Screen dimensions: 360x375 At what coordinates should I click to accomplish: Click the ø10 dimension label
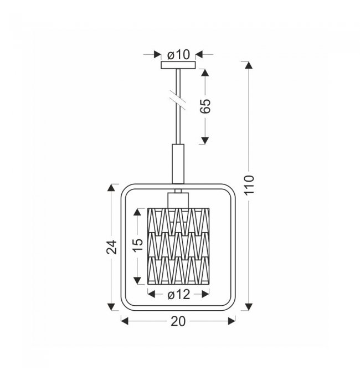coord(178,55)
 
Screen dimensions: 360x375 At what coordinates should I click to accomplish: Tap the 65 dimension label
coord(205,106)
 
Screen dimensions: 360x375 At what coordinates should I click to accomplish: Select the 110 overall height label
coord(249,185)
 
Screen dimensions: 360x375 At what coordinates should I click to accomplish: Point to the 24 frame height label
coord(111,247)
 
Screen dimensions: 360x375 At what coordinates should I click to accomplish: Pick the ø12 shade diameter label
coord(179,294)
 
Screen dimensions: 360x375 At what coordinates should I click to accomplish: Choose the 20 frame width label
coord(178,321)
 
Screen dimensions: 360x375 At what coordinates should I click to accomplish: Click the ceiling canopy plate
coord(178,65)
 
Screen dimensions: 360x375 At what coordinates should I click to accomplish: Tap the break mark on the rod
coord(178,100)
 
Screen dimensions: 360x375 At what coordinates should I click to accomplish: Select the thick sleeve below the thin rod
coord(178,164)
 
